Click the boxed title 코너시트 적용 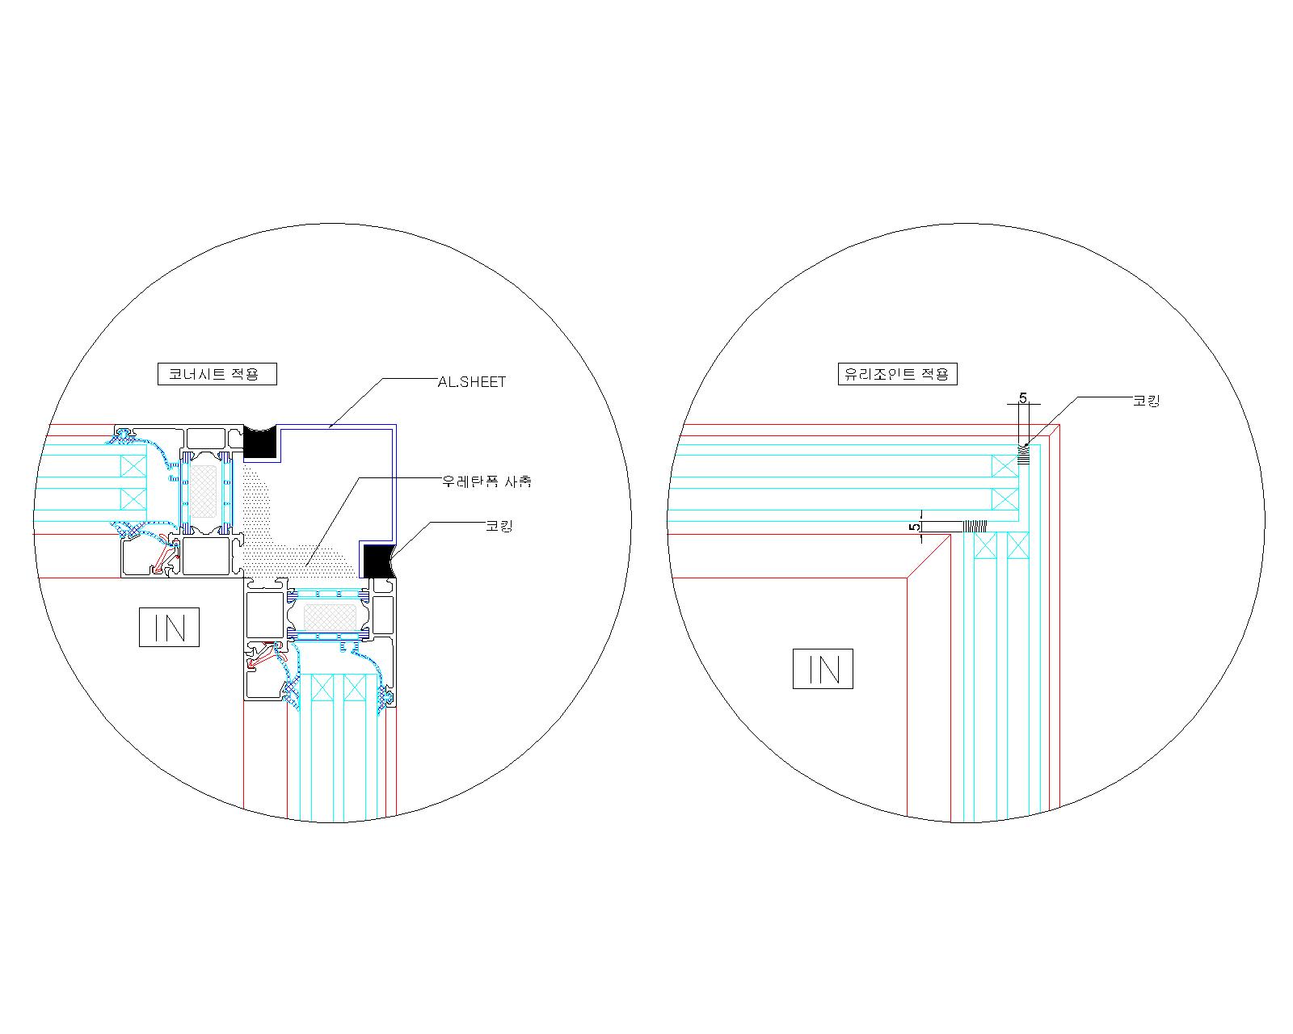click(217, 374)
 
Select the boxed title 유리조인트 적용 click(897, 374)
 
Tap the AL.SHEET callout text click(472, 382)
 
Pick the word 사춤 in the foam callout click(519, 481)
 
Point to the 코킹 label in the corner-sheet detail click(499, 527)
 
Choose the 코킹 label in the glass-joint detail click(1147, 401)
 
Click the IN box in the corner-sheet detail click(169, 627)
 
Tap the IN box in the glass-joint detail click(823, 669)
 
